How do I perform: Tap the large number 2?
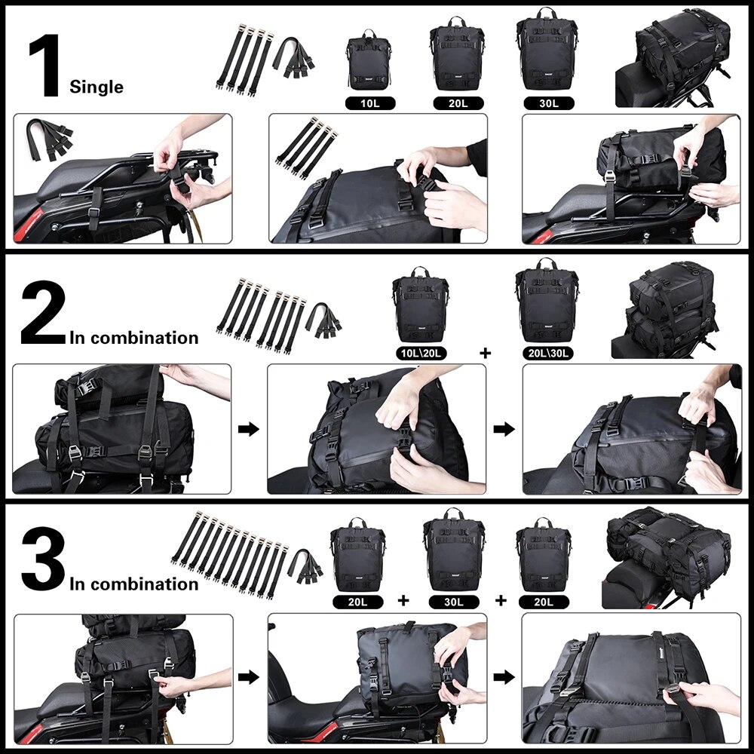coord(44,313)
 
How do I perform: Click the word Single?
coord(97,87)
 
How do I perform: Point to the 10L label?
coord(369,103)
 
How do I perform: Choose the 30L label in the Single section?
coord(547,103)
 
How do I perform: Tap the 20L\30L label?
coord(547,352)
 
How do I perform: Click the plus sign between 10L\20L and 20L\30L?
coord(485,352)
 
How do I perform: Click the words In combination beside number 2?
coord(134,337)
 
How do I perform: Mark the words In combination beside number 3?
coord(134,584)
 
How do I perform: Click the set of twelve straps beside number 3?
coord(234,554)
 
